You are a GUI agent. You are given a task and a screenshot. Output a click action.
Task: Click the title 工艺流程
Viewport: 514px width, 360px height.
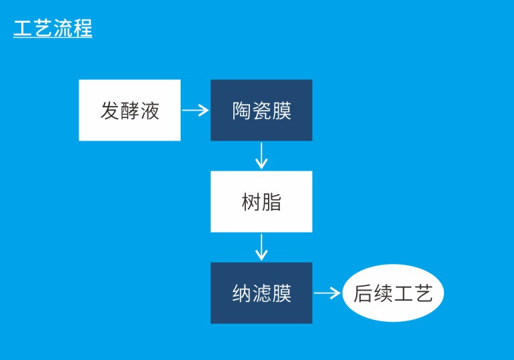pyautogui.click(x=53, y=29)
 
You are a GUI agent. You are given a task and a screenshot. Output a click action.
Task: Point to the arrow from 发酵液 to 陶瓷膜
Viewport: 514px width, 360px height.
pyautogui.click(x=195, y=111)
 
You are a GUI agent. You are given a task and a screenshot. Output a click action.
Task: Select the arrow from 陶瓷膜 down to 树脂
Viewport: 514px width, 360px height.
pyautogui.click(x=261, y=156)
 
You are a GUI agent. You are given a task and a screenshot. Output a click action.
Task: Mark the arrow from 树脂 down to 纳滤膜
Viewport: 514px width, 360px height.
pyautogui.click(x=261, y=247)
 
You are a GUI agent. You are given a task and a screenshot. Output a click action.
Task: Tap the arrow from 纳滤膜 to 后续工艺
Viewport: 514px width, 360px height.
pyautogui.click(x=327, y=293)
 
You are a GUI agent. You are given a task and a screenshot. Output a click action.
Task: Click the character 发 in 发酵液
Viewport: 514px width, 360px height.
pyautogui.click(x=110, y=111)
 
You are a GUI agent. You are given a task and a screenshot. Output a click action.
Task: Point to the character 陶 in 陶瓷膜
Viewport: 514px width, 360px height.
pyautogui.click(x=242, y=111)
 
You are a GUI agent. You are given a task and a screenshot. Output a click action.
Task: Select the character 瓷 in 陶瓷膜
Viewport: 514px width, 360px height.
pyautogui.click(x=262, y=111)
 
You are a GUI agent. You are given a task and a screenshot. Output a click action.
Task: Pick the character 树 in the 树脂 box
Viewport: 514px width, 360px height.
pyautogui.click(x=251, y=202)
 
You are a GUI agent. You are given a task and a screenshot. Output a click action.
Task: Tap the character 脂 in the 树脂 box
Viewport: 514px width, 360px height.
pyautogui.click(x=271, y=202)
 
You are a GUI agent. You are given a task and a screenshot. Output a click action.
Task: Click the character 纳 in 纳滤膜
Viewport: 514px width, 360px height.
pyautogui.click(x=242, y=293)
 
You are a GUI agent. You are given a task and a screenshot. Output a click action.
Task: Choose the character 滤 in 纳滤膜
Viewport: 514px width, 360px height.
pyautogui.click(x=262, y=293)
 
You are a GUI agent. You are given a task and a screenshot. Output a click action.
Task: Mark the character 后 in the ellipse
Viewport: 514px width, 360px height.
pyautogui.click(x=363, y=294)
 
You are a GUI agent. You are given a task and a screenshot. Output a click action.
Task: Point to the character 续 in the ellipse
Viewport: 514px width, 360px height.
pyautogui.click(x=383, y=294)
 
